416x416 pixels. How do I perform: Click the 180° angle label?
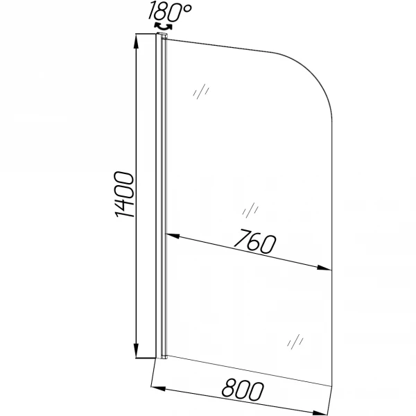click(170, 12)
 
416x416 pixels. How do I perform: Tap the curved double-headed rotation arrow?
click(163, 27)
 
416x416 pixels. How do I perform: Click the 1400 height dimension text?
click(124, 194)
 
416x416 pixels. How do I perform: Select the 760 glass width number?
click(254, 242)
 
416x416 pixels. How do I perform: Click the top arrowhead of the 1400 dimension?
click(136, 42)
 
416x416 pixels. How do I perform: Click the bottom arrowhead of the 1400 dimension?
click(136, 350)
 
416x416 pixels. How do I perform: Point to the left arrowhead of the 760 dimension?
click(173, 236)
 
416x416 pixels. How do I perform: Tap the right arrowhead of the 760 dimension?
click(324, 268)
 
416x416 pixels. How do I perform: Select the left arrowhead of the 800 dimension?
click(158, 388)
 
